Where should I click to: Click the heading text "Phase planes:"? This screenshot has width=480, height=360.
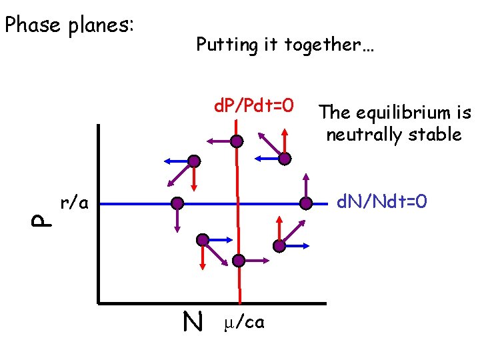tap(69, 25)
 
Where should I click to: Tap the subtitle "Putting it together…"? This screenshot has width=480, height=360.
tap(284, 45)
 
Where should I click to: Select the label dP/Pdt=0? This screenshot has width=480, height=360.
tap(253, 105)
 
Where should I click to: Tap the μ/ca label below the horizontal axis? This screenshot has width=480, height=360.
tap(245, 323)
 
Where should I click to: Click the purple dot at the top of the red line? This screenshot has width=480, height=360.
tap(237, 141)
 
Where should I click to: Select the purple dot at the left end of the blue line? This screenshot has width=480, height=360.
tap(177, 203)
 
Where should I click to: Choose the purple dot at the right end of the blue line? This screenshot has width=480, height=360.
tap(306, 203)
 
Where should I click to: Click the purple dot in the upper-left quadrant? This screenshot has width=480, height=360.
tap(193, 161)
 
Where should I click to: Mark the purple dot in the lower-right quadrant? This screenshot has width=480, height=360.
tap(279, 245)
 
